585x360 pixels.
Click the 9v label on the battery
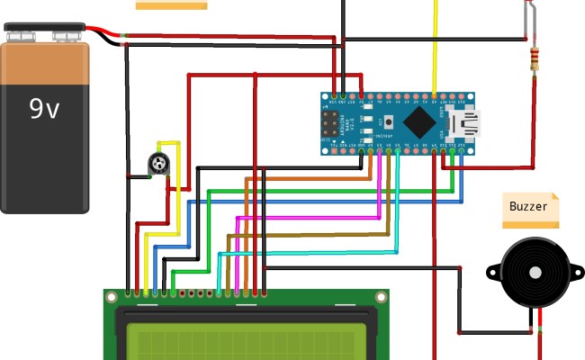(x=44, y=109)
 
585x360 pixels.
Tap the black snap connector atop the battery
(x=45, y=33)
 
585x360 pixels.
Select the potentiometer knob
(x=159, y=165)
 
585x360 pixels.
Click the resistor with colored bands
(x=536, y=59)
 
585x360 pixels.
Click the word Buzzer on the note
(x=528, y=207)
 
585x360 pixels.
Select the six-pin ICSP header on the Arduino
(x=330, y=124)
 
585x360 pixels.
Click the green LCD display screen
(x=247, y=342)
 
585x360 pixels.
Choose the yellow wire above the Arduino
(x=436, y=45)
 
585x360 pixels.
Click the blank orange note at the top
(x=171, y=4)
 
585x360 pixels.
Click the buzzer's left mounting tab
(x=491, y=271)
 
